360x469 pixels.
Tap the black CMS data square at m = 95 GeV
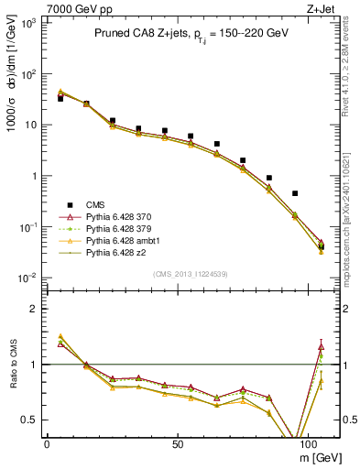pos(295,193)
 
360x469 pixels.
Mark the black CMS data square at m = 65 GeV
pos(217,144)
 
